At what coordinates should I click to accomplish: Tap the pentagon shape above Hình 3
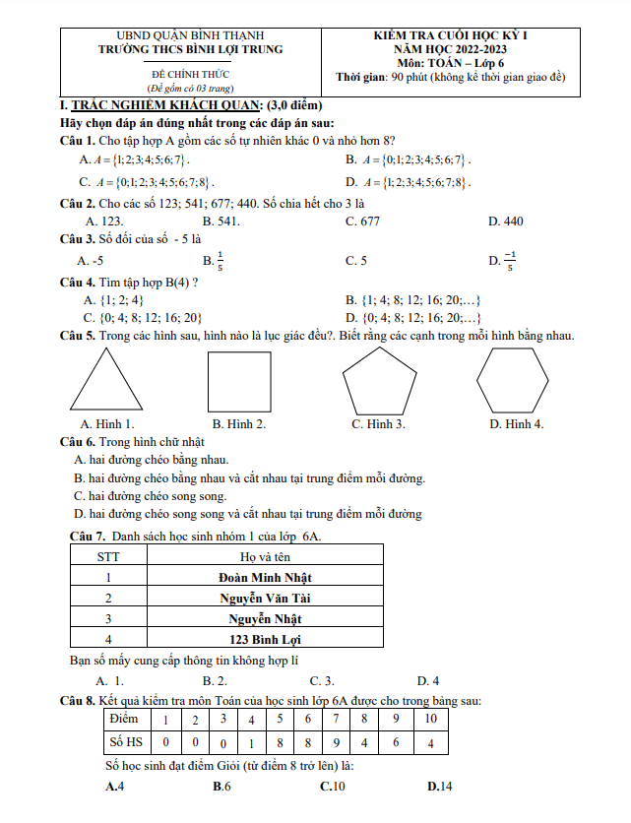tap(378, 380)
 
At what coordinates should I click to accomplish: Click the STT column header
tap(108, 556)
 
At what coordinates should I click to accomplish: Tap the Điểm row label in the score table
tap(124, 720)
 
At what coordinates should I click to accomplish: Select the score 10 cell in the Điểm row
tap(430, 720)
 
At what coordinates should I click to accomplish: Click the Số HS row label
tap(124, 741)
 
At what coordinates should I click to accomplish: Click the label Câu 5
tap(77, 337)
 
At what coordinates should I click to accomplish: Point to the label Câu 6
tap(77, 442)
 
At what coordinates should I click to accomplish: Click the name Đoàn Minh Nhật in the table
tap(265, 577)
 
